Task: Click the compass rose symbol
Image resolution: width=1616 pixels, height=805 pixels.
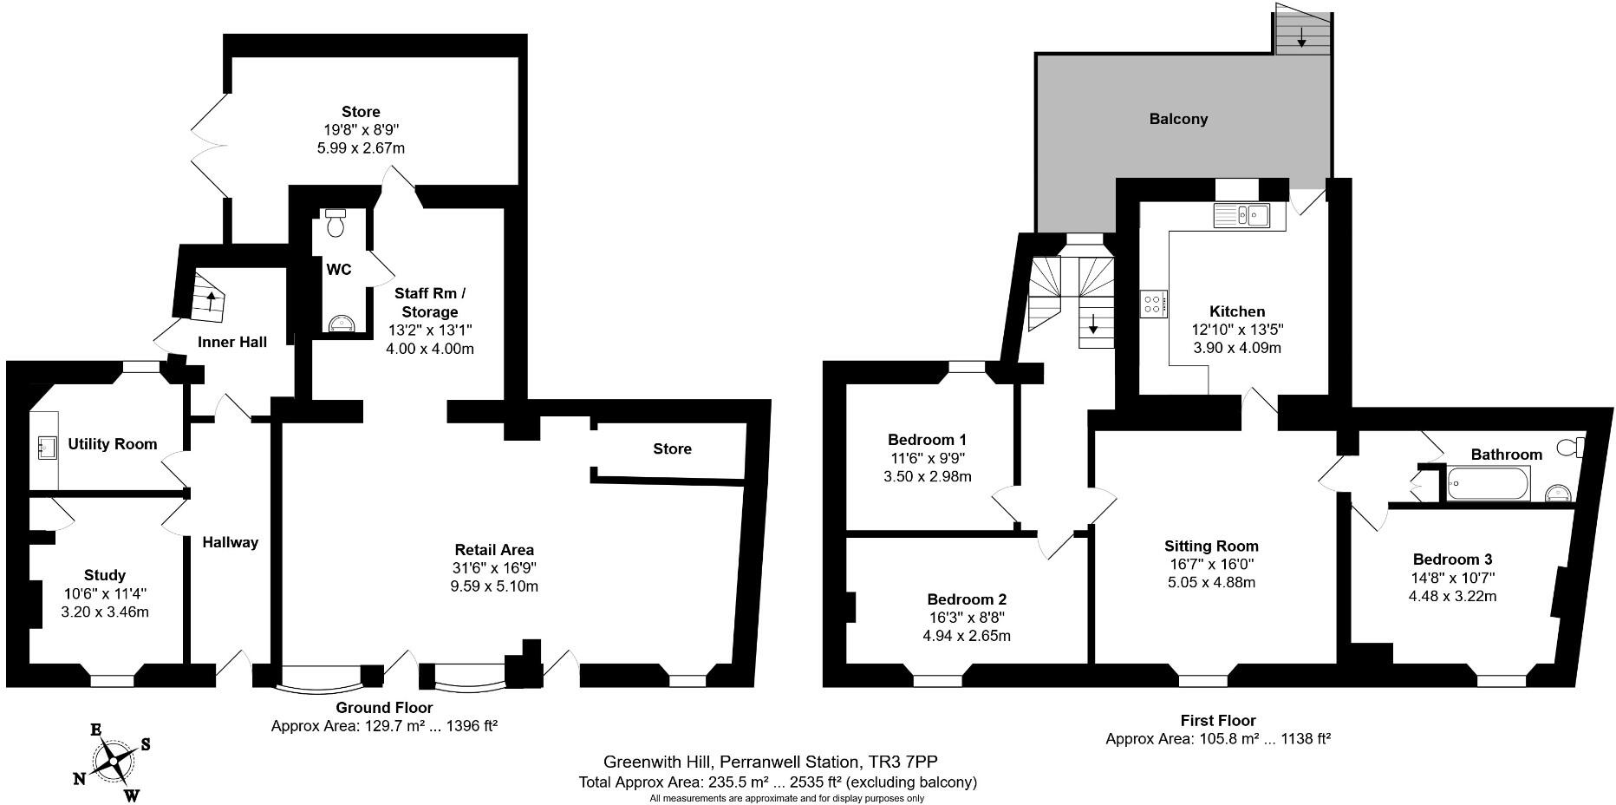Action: [114, 761]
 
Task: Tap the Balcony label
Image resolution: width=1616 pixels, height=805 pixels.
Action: [1178, 119]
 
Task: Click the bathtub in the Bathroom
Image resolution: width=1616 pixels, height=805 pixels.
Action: [1489, 482]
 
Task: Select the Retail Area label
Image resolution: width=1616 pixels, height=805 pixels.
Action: [494, 549]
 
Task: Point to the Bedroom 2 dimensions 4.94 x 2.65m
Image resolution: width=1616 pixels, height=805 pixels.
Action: [967, 636]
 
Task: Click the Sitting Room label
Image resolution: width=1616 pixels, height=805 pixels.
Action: [1211, 546]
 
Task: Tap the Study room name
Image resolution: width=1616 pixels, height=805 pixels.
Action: [105, 575]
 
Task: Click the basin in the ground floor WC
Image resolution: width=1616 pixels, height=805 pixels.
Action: [343, 324]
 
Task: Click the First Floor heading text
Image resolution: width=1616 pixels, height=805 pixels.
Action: [1217, 720]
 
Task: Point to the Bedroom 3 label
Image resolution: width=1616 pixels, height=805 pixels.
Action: [1452, 560]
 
